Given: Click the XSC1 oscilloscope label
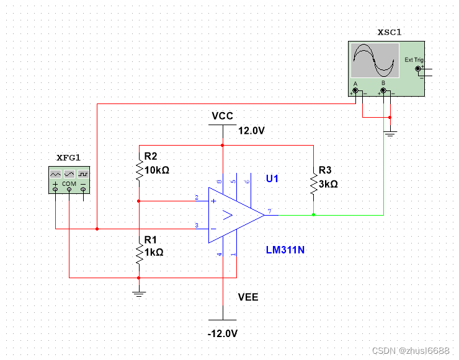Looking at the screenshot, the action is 389,32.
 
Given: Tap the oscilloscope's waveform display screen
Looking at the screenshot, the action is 375,61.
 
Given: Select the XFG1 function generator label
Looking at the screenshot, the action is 68,158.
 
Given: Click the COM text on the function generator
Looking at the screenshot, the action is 69,183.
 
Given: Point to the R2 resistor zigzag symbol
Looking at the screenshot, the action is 140,170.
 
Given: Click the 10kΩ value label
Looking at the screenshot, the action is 157,170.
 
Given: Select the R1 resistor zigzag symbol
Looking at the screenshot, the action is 140,253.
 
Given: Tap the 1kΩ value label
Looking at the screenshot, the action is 154,252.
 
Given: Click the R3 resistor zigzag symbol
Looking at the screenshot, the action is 314,183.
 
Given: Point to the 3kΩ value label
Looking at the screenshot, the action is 328,184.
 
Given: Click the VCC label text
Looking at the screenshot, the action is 223,116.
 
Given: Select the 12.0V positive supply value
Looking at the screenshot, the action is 251,131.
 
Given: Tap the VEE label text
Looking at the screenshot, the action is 248,297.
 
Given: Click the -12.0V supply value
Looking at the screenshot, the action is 223,333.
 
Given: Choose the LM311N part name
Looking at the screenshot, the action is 285,250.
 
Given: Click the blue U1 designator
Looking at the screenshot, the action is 272,178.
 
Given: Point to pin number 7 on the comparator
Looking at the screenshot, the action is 269,211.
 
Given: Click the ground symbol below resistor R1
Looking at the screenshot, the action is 139,294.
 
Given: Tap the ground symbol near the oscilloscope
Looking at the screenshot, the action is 390,134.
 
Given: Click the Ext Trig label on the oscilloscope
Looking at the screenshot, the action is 414,60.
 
